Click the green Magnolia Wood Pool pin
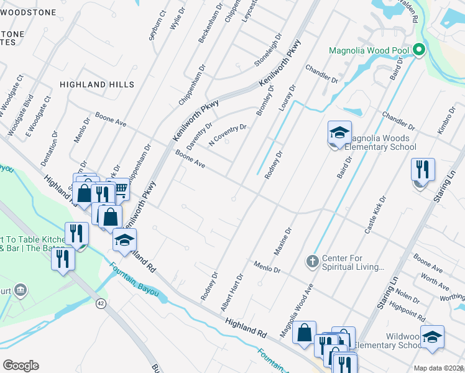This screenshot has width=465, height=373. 420,50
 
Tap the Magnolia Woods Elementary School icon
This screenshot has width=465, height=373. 339,133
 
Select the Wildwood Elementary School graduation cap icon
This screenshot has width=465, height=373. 432,338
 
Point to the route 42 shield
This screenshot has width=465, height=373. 101,303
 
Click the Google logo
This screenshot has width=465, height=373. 21,365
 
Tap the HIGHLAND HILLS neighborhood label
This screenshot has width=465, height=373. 96,84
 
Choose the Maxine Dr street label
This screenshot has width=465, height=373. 283,242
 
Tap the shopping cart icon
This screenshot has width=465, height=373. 121,188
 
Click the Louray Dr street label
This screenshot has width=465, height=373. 287,98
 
